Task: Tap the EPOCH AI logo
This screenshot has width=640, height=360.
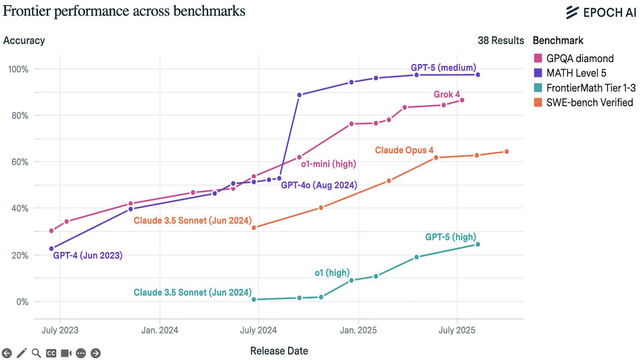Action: pos(601,12)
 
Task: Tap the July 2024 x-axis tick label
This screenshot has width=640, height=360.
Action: pos(258,331)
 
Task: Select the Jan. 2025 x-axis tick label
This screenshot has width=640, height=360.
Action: pos(358,331)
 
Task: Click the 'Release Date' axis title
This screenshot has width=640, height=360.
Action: pos(279,351)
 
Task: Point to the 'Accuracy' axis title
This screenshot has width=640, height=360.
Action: pos(24,41)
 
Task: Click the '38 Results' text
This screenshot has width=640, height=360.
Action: pos(501,41)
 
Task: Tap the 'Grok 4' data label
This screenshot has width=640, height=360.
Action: pos(446,95)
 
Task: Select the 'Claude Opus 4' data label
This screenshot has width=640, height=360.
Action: pos(404,150)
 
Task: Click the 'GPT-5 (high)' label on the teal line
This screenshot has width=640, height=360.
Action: pos(450,237)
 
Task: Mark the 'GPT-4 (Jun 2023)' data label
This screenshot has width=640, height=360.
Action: pos(88,255)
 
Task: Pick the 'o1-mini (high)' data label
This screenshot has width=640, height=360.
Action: pos(332,164)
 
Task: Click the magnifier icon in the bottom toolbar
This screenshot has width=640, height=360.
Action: pos(36,353)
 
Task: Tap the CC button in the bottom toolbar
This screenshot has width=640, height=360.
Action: pos(51,353)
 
